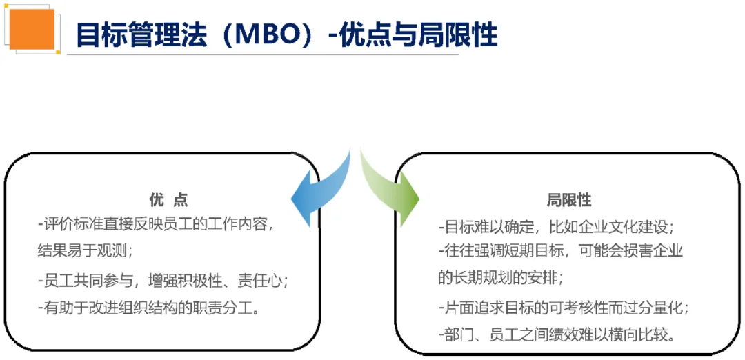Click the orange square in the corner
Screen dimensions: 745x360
click(32, 28)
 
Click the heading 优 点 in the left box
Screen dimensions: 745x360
click(168, 200)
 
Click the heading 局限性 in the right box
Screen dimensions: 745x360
click(569, 200)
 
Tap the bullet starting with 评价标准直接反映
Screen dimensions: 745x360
click(159, 224)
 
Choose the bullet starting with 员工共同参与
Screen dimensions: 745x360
click(162, 281)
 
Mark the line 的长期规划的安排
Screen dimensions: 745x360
click(500, 277)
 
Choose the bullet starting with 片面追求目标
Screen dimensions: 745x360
click(563, 307)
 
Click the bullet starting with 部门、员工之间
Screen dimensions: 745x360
click(555, 334)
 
